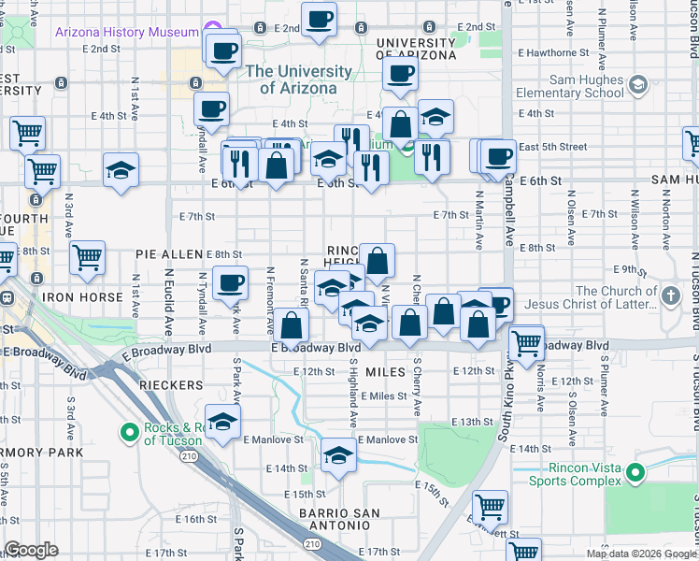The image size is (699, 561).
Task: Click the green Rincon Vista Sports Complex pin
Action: click(636, 473)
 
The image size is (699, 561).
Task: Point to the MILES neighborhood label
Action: click(385, 372)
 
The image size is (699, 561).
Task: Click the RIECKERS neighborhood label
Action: click(169, 384)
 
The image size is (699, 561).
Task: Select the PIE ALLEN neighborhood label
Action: click(169, 254)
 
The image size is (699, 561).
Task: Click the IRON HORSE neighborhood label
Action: click(82, 297)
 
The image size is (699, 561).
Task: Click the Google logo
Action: click(31, 550)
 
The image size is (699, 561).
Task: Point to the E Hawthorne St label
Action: click(558, 53)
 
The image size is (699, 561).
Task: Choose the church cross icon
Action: click(670, 297)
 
